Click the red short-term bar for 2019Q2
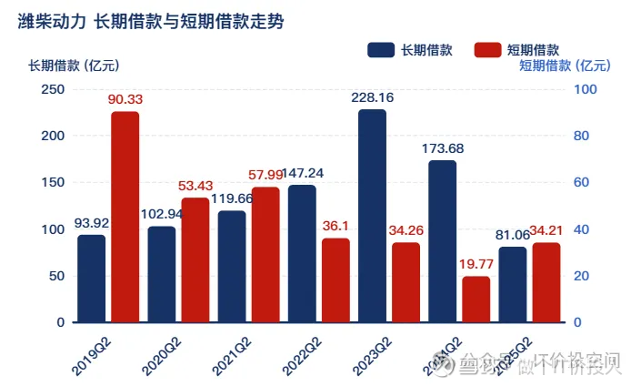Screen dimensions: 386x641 click(125, 218)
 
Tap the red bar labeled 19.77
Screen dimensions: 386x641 click(476, 300)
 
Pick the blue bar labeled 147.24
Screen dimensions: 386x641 click(302, 254)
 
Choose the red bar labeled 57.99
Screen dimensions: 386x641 click(265, 255)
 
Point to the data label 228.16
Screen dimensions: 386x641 click(372, 97)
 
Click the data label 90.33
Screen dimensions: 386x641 click(125, 99)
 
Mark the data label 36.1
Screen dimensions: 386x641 click(336, 225)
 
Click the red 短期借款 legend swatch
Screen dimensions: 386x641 click(488, 50)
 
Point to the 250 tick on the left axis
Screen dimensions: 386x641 click(54, 89)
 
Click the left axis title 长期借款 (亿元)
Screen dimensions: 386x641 click(72, 66)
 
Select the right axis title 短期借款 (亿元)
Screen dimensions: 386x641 click(564, 66)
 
